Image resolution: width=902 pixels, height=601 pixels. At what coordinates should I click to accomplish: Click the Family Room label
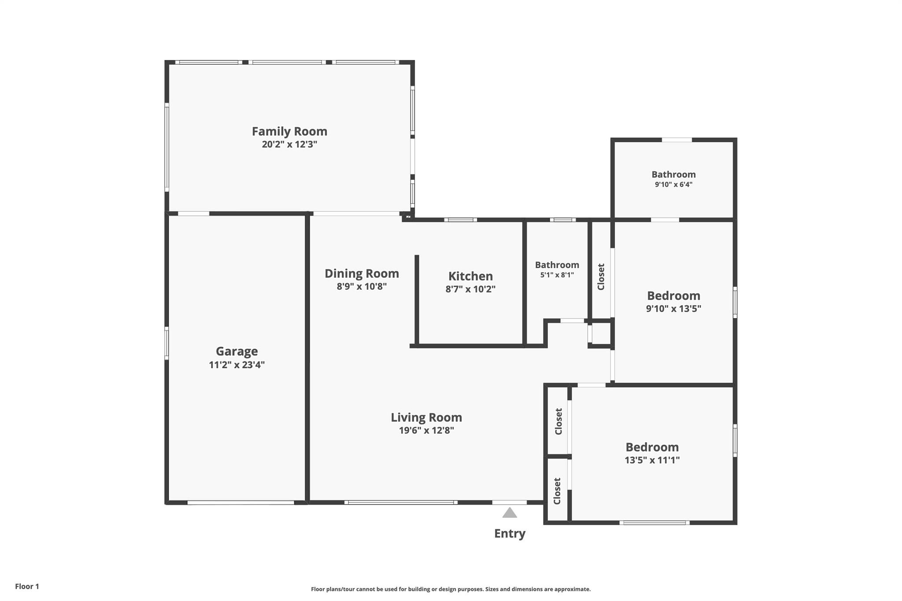[289, 131]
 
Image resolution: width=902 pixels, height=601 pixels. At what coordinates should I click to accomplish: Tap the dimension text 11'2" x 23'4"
[237, 365]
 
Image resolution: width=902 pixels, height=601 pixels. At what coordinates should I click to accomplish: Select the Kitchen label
[470, 276]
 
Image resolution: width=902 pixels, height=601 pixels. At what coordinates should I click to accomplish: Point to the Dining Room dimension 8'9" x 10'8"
[362, 287]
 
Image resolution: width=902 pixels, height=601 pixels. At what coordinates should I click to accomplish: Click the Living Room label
[426, 417]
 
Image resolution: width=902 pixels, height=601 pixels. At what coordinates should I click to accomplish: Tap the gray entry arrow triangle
[510, 513]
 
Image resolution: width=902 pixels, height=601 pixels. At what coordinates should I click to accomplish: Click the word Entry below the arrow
[510, 534]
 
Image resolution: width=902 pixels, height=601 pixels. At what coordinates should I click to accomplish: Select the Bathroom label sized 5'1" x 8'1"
[557, 265]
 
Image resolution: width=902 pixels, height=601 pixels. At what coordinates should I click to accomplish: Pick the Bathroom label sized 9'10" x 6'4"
[673, 174]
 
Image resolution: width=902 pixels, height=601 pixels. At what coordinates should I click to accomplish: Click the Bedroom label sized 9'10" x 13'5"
[673, 295]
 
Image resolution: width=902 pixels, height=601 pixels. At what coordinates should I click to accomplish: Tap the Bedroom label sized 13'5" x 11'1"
[652, 447]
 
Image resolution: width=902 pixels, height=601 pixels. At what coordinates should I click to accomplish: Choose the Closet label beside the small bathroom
[601, 277]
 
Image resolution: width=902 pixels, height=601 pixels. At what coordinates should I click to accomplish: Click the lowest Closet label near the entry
[557, 491]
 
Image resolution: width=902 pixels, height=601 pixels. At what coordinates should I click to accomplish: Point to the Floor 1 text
[27, 586]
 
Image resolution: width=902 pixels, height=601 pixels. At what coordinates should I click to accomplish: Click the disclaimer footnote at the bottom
[451, 589]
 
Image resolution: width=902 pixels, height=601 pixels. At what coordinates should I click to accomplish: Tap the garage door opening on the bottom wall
[240, 502]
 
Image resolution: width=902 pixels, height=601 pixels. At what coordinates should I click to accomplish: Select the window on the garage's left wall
[166, 343]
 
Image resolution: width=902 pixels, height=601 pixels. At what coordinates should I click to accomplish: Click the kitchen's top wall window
[460, 220]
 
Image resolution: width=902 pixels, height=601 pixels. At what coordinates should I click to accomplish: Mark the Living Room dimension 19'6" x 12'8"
[426, 431]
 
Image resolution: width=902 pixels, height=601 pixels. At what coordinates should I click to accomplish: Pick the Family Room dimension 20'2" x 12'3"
[289, 144]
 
